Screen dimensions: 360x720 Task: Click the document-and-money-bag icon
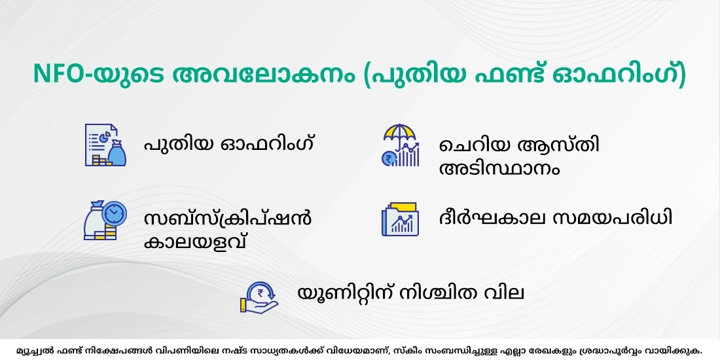coord(105,145)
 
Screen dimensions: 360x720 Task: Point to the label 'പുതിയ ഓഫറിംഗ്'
coord(229,143)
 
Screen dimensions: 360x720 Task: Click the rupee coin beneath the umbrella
coord(390,158)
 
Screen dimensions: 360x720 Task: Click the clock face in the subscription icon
coord(113,213)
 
